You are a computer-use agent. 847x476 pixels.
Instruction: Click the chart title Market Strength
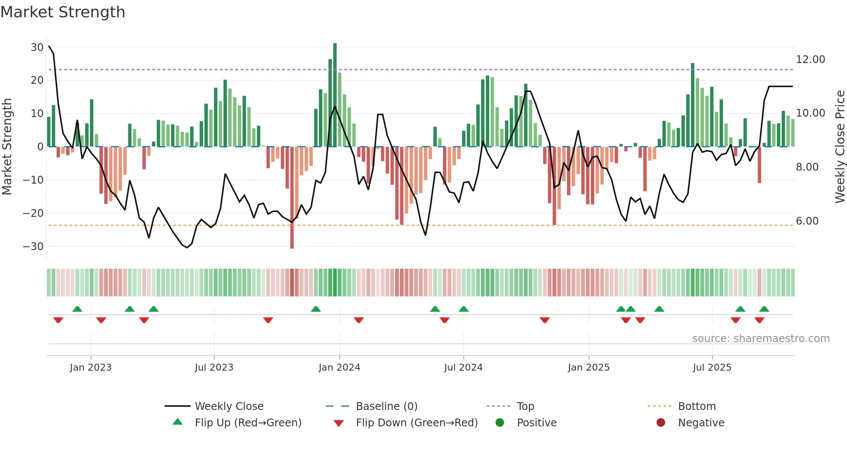[x=63, y=12]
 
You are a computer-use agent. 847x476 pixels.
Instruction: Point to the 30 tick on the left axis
[x=37, y=47]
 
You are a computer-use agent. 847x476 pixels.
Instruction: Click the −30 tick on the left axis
[x=33, y=246]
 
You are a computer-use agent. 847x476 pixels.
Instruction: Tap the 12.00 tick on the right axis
[x=810, y=60]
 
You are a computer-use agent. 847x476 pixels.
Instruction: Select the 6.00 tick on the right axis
[x=807, y=221]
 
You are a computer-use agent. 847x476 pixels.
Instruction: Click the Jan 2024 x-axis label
[x=339, y=368]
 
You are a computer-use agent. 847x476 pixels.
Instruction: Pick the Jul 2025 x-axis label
[x=712, y=368]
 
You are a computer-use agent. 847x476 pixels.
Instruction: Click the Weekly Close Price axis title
[x=840, y=146]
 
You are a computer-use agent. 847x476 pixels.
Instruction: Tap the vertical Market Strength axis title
[x=7, y=146]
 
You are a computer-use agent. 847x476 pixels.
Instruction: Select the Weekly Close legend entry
[x=229, y=406]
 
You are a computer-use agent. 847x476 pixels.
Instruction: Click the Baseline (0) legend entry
[x=386, y=406]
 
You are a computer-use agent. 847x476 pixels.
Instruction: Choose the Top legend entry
[x=525, y=406]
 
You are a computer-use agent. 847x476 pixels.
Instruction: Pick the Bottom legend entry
[x=697, y=406]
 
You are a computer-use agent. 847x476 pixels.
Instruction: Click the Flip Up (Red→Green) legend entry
[x=248, y=423]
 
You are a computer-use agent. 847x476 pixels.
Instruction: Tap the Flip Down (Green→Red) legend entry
[x=417, y=423]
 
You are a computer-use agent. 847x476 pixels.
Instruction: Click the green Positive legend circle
[x=500, y=423]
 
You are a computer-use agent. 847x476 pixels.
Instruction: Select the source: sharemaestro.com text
[x=761, y=339]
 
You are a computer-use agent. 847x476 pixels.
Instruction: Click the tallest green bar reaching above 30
[x=335, y=95]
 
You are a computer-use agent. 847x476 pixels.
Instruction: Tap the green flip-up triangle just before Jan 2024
[x=316, y=309]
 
